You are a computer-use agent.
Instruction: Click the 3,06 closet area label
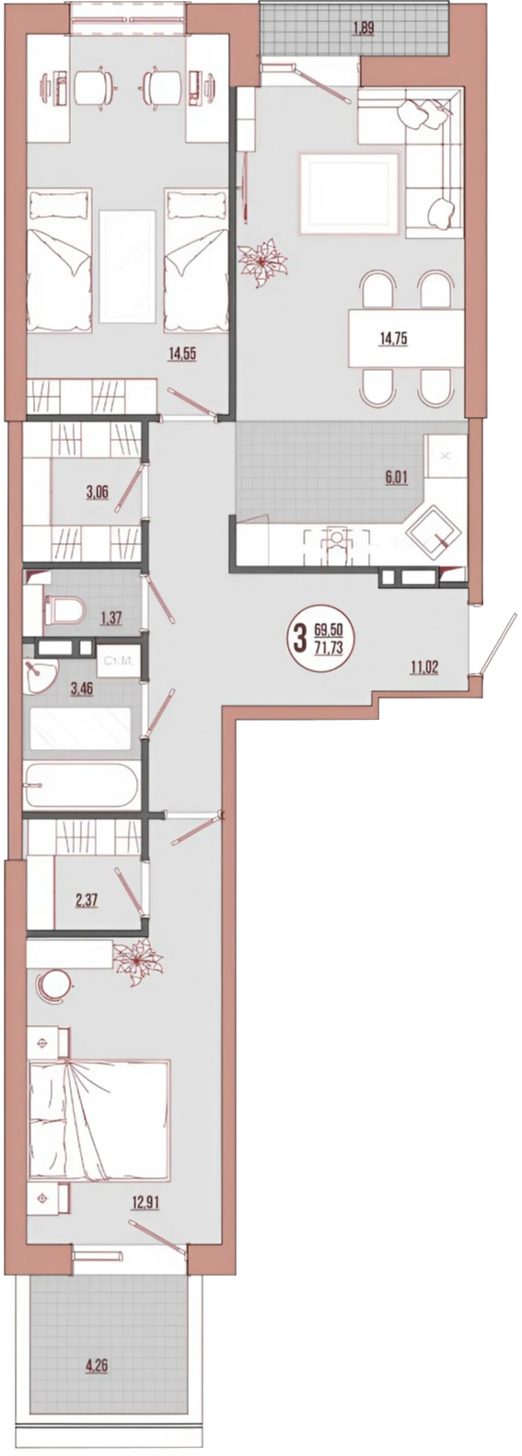click(98, 491)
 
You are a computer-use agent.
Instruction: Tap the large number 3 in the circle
click(300, 639)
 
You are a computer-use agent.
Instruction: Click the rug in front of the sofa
click(349, 192)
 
